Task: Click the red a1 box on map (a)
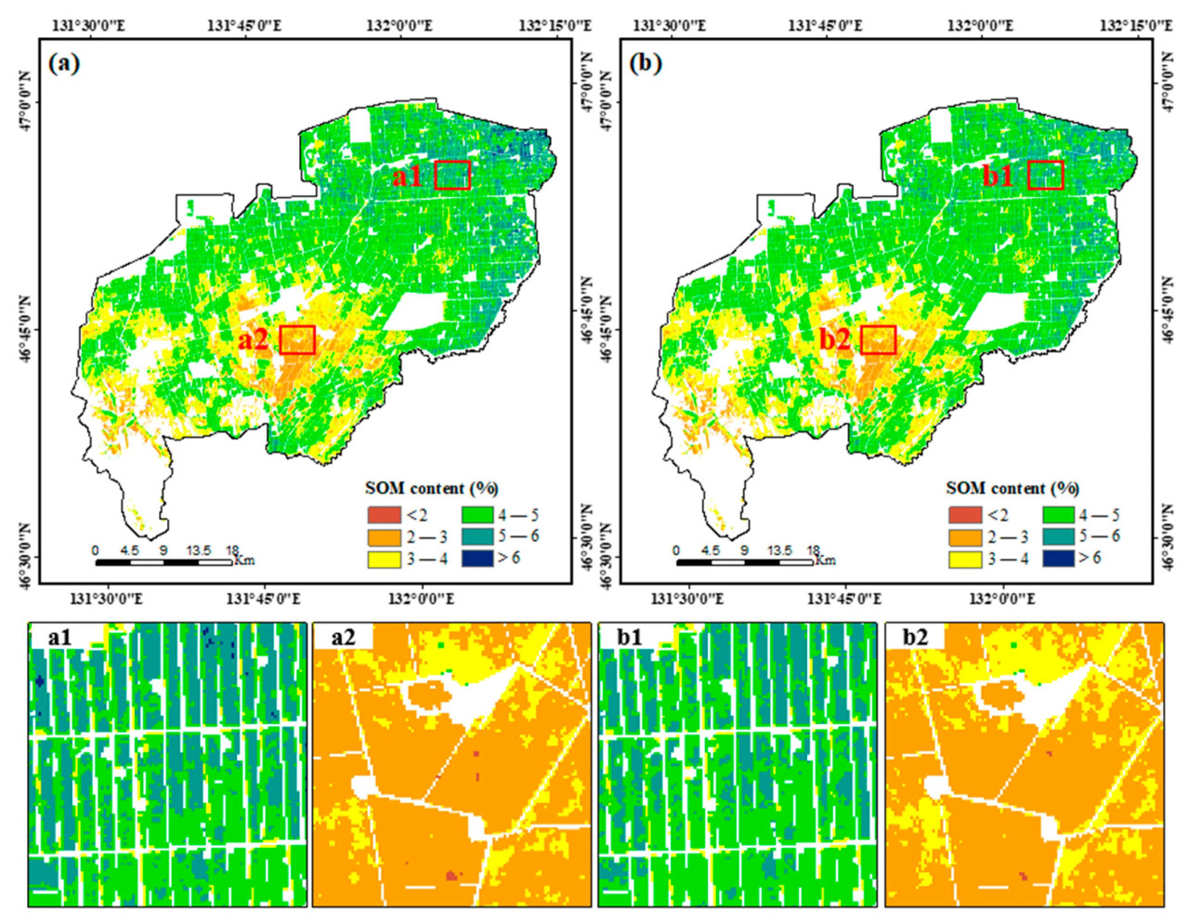452,175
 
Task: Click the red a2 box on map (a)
297,339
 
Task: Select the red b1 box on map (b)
1046,175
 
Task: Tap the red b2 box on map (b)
879,339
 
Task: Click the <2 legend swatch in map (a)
383,514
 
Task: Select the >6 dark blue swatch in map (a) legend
477,558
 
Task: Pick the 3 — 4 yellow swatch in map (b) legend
965,559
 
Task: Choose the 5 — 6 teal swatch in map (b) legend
1059,536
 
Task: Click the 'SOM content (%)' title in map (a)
432,488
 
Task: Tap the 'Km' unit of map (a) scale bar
244,560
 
